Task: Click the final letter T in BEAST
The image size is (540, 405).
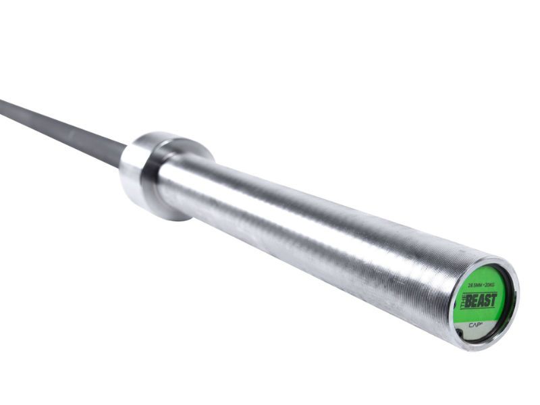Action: point(493,299)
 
